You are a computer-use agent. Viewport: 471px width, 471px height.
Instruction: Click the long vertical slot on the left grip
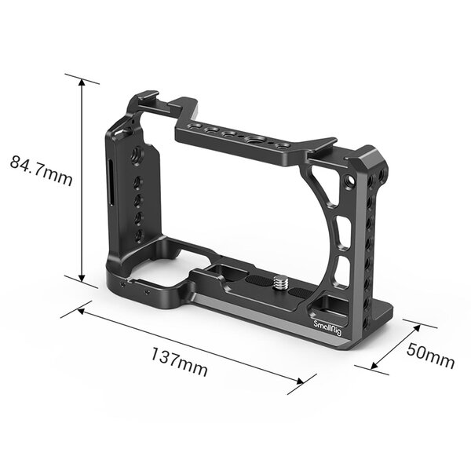tap(111, 182)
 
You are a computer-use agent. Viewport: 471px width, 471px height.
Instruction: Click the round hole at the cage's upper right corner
tap(348, 184)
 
